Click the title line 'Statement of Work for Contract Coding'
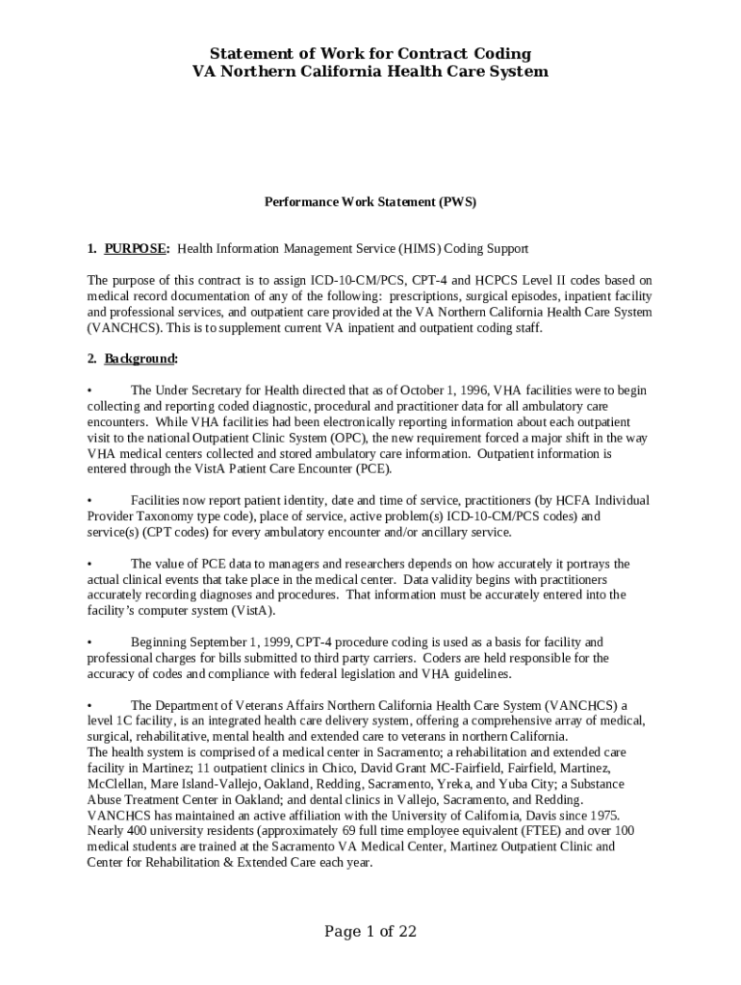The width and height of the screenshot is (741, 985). pyautogui.click(x=370, y=53)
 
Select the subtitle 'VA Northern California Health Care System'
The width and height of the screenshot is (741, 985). pyautogui.click(x=370, y=71)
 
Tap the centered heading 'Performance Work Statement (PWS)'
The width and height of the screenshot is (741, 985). pyautogui.click(x=370, y=202)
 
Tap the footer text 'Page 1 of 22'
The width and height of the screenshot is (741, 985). pyautogui.click(x=370, y=931)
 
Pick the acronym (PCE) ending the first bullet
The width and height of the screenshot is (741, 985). pyautogui.click(x=372, y=468)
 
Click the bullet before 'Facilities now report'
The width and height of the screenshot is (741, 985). pyautogui.click(x=89, y=500)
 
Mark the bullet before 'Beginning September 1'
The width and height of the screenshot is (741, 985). pyautogui.click(x=89, y=642)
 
